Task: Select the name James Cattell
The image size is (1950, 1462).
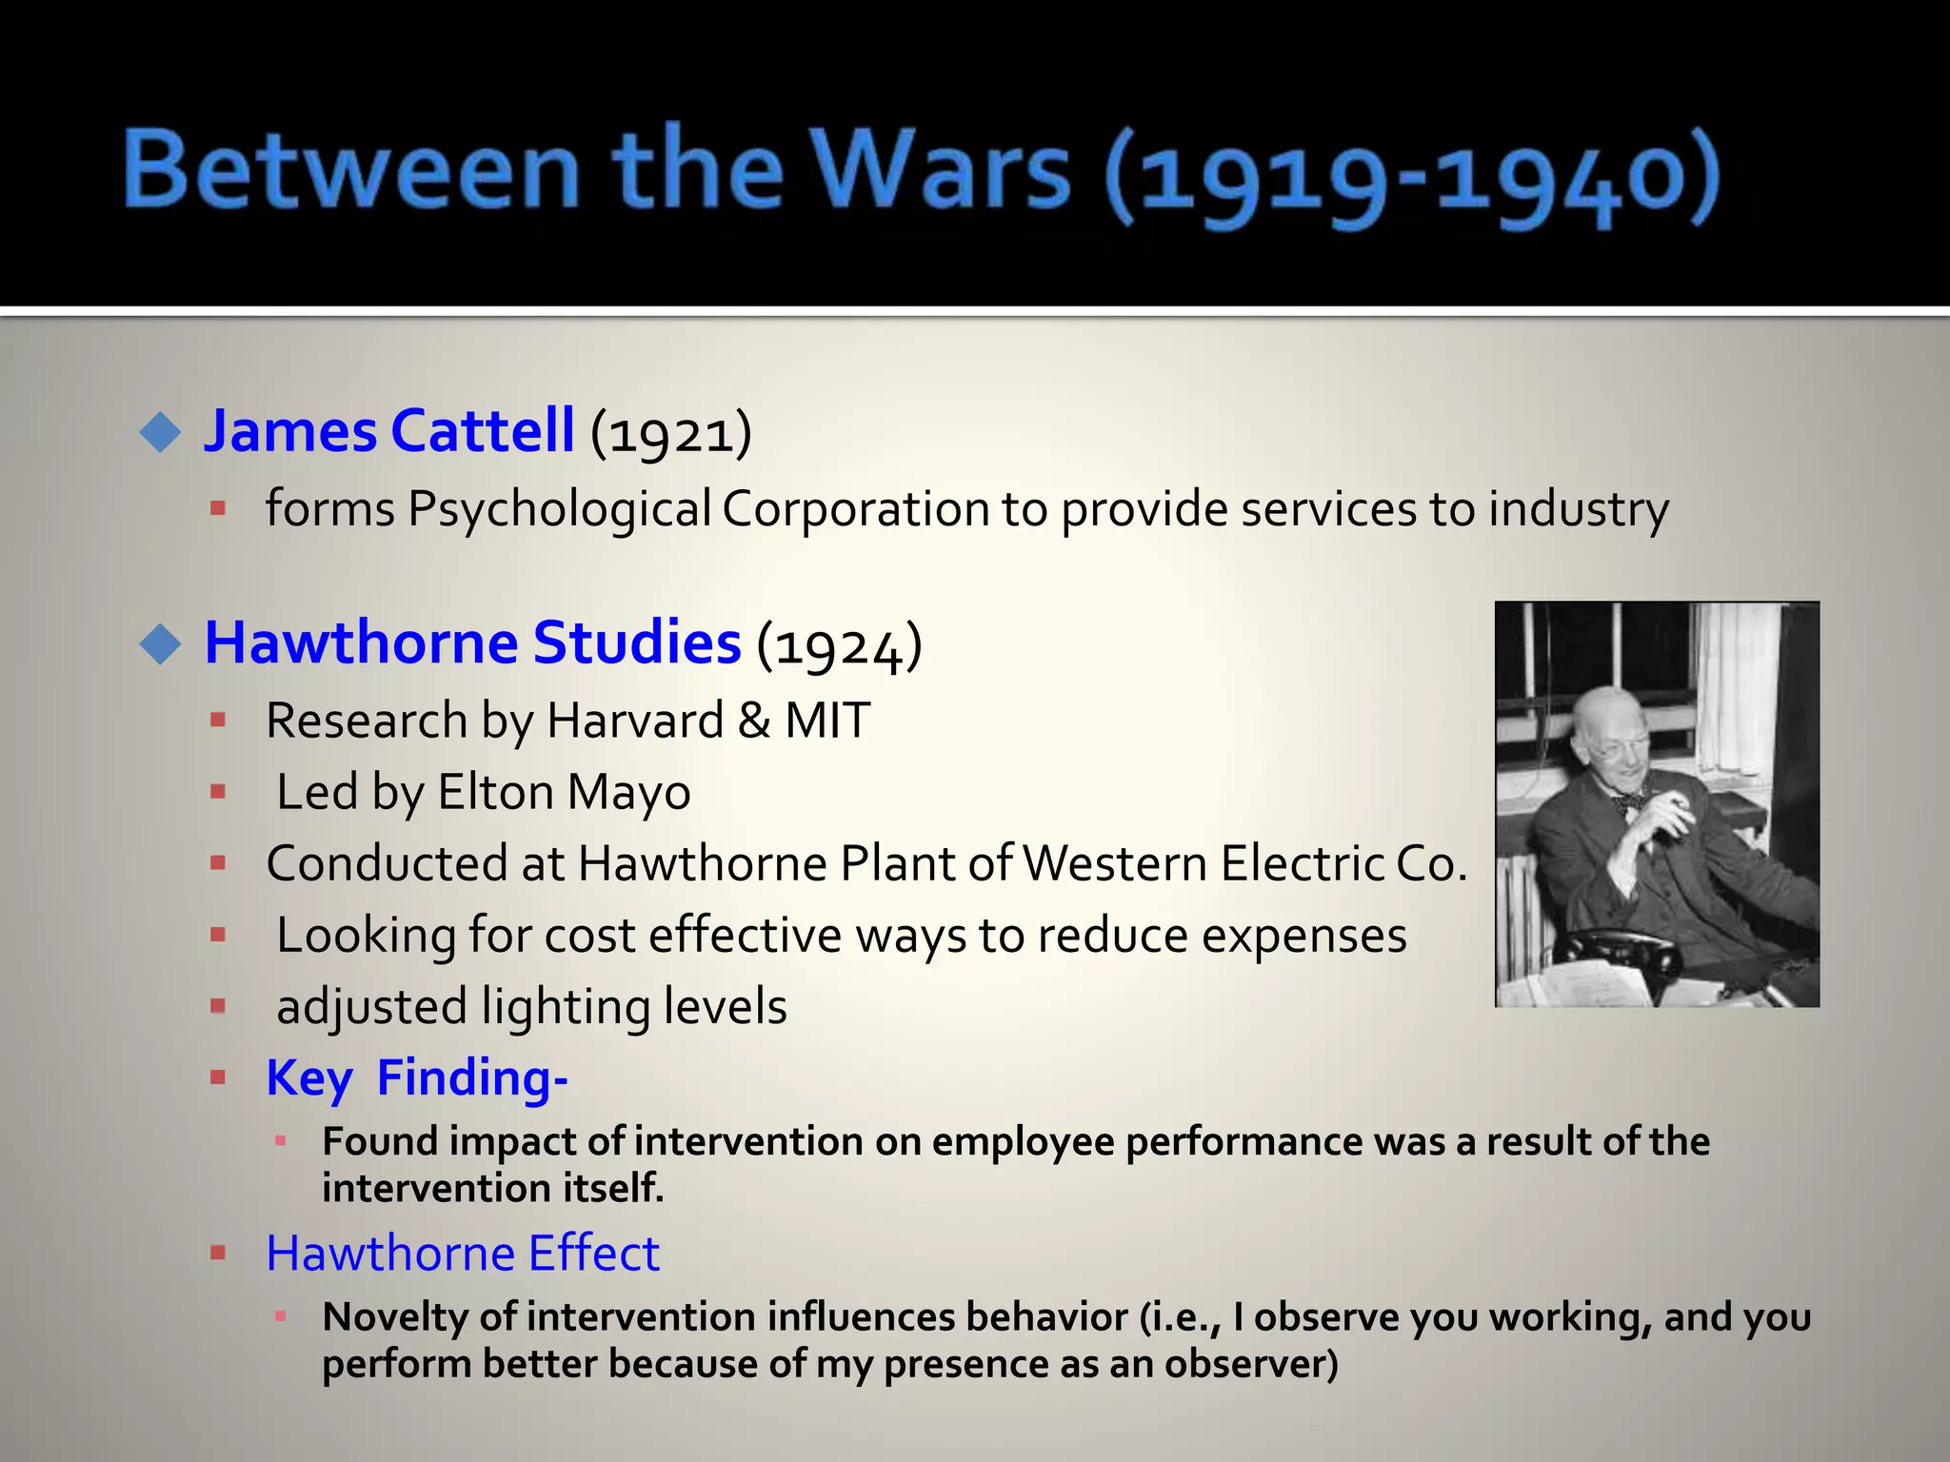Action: tap(388, 430)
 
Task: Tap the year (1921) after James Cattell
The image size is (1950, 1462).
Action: tap(671, 433)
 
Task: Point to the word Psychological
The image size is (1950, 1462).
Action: tap(559, 509)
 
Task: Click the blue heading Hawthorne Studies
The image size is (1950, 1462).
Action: tap(472, 642)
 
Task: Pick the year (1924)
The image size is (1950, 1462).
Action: tap(839, 645)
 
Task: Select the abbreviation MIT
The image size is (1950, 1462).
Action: tap(826, 721)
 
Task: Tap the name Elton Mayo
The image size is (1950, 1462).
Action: tap(564, 792)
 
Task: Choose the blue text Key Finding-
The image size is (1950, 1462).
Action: tap(417, 1078)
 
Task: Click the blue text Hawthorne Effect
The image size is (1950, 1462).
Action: tap(463, 1254)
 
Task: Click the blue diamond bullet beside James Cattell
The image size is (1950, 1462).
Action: tap(160, 433)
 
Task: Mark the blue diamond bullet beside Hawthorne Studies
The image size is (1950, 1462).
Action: tap(160, 644)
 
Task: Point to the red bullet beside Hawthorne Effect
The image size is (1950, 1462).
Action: tap(218, 1254)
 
